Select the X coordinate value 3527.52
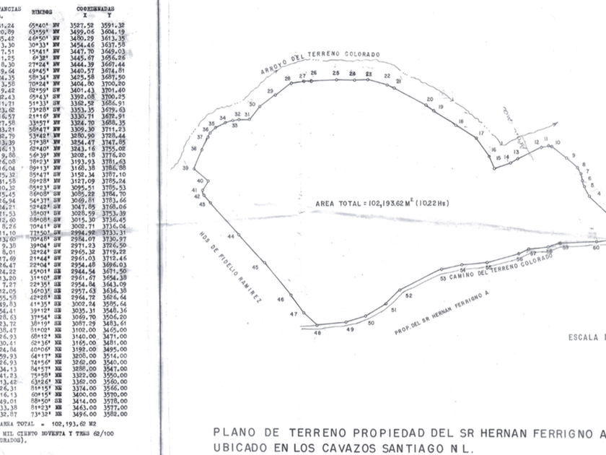tap(85, 25)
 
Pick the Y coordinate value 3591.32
tap(113, 25)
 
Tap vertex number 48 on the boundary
tap(317, 333)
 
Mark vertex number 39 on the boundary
tap(186, 168)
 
